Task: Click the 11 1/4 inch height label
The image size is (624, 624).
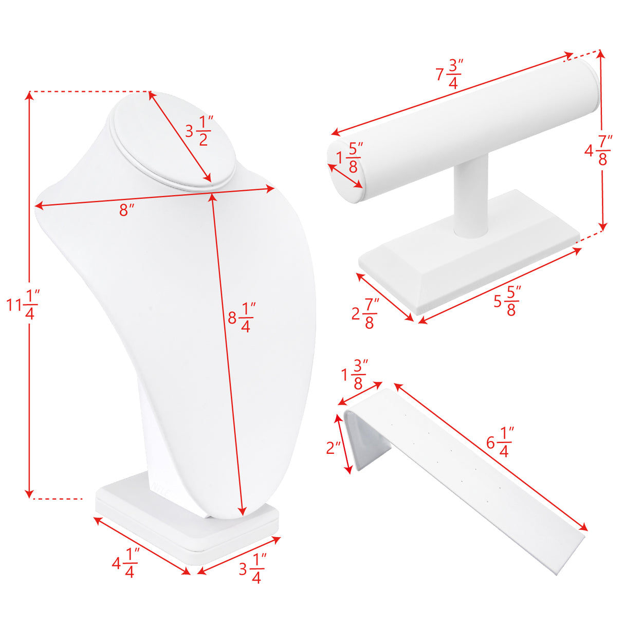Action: [23, 305]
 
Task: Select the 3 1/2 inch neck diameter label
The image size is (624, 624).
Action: [199, 131]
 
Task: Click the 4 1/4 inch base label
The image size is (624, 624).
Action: [125, 563]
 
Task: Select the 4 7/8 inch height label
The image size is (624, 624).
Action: [599, 151]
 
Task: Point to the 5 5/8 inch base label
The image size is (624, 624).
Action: [507, 301]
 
